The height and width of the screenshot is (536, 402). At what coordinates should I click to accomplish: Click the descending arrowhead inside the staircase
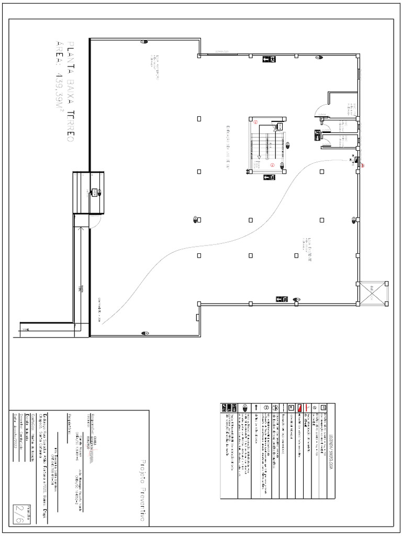coord(259,157)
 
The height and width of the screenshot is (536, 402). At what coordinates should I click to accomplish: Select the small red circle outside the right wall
coord(362,166)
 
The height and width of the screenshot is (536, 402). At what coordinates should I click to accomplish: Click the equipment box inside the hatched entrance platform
coord(95,192)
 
